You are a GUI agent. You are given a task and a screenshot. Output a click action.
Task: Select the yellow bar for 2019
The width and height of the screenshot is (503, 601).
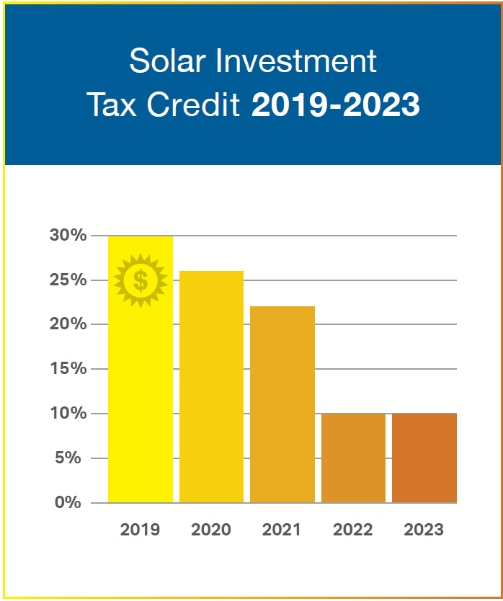[x=141, y=369]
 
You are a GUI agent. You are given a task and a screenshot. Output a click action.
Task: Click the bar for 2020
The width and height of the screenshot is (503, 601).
[x=211, y=387]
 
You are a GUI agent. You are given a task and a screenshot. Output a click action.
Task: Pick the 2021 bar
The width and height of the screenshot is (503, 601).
[x=282, y=404]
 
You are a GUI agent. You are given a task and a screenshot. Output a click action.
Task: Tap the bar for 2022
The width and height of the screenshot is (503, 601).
[x=353, y=458]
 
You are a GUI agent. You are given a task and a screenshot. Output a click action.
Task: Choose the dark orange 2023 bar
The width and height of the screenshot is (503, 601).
[x=424, y=458]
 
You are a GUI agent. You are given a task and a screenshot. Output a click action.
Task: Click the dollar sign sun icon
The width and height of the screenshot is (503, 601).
[x=141, y=280]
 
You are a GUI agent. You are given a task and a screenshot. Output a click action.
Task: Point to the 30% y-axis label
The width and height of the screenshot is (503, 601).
[x=68, y=235]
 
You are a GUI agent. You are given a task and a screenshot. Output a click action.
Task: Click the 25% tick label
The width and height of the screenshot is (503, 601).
[x=68, y=280]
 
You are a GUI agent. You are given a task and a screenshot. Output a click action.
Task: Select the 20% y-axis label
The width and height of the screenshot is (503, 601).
[x=68, y=324]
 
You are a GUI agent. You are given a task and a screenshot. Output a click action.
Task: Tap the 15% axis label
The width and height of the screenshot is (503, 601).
[x=68, y=368]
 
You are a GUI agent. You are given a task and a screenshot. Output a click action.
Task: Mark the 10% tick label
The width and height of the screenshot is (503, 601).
[x=68, y=413]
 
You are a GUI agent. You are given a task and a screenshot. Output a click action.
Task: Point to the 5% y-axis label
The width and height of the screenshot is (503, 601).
[x=68, y=458]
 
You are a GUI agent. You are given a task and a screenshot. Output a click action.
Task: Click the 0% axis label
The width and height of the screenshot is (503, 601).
[x=68, y=502]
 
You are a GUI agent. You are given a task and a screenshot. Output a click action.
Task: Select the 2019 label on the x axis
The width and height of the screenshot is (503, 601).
[x=140, y=530]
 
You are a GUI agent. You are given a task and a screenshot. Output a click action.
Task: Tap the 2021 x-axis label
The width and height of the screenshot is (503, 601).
[x=281, y=530]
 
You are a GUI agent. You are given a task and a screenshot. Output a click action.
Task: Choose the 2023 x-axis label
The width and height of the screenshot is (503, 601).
[x=424, y=530]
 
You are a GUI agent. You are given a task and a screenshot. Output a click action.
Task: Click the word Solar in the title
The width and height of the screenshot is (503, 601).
[x=169, y=61]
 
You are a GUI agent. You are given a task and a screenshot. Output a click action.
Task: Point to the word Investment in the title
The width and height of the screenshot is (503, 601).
[x=296, y=61]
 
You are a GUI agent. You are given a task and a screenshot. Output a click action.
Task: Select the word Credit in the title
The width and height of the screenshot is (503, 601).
[x=194, y=104]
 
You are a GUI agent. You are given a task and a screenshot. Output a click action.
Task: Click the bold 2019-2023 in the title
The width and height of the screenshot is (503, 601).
[x=336, y=104]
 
